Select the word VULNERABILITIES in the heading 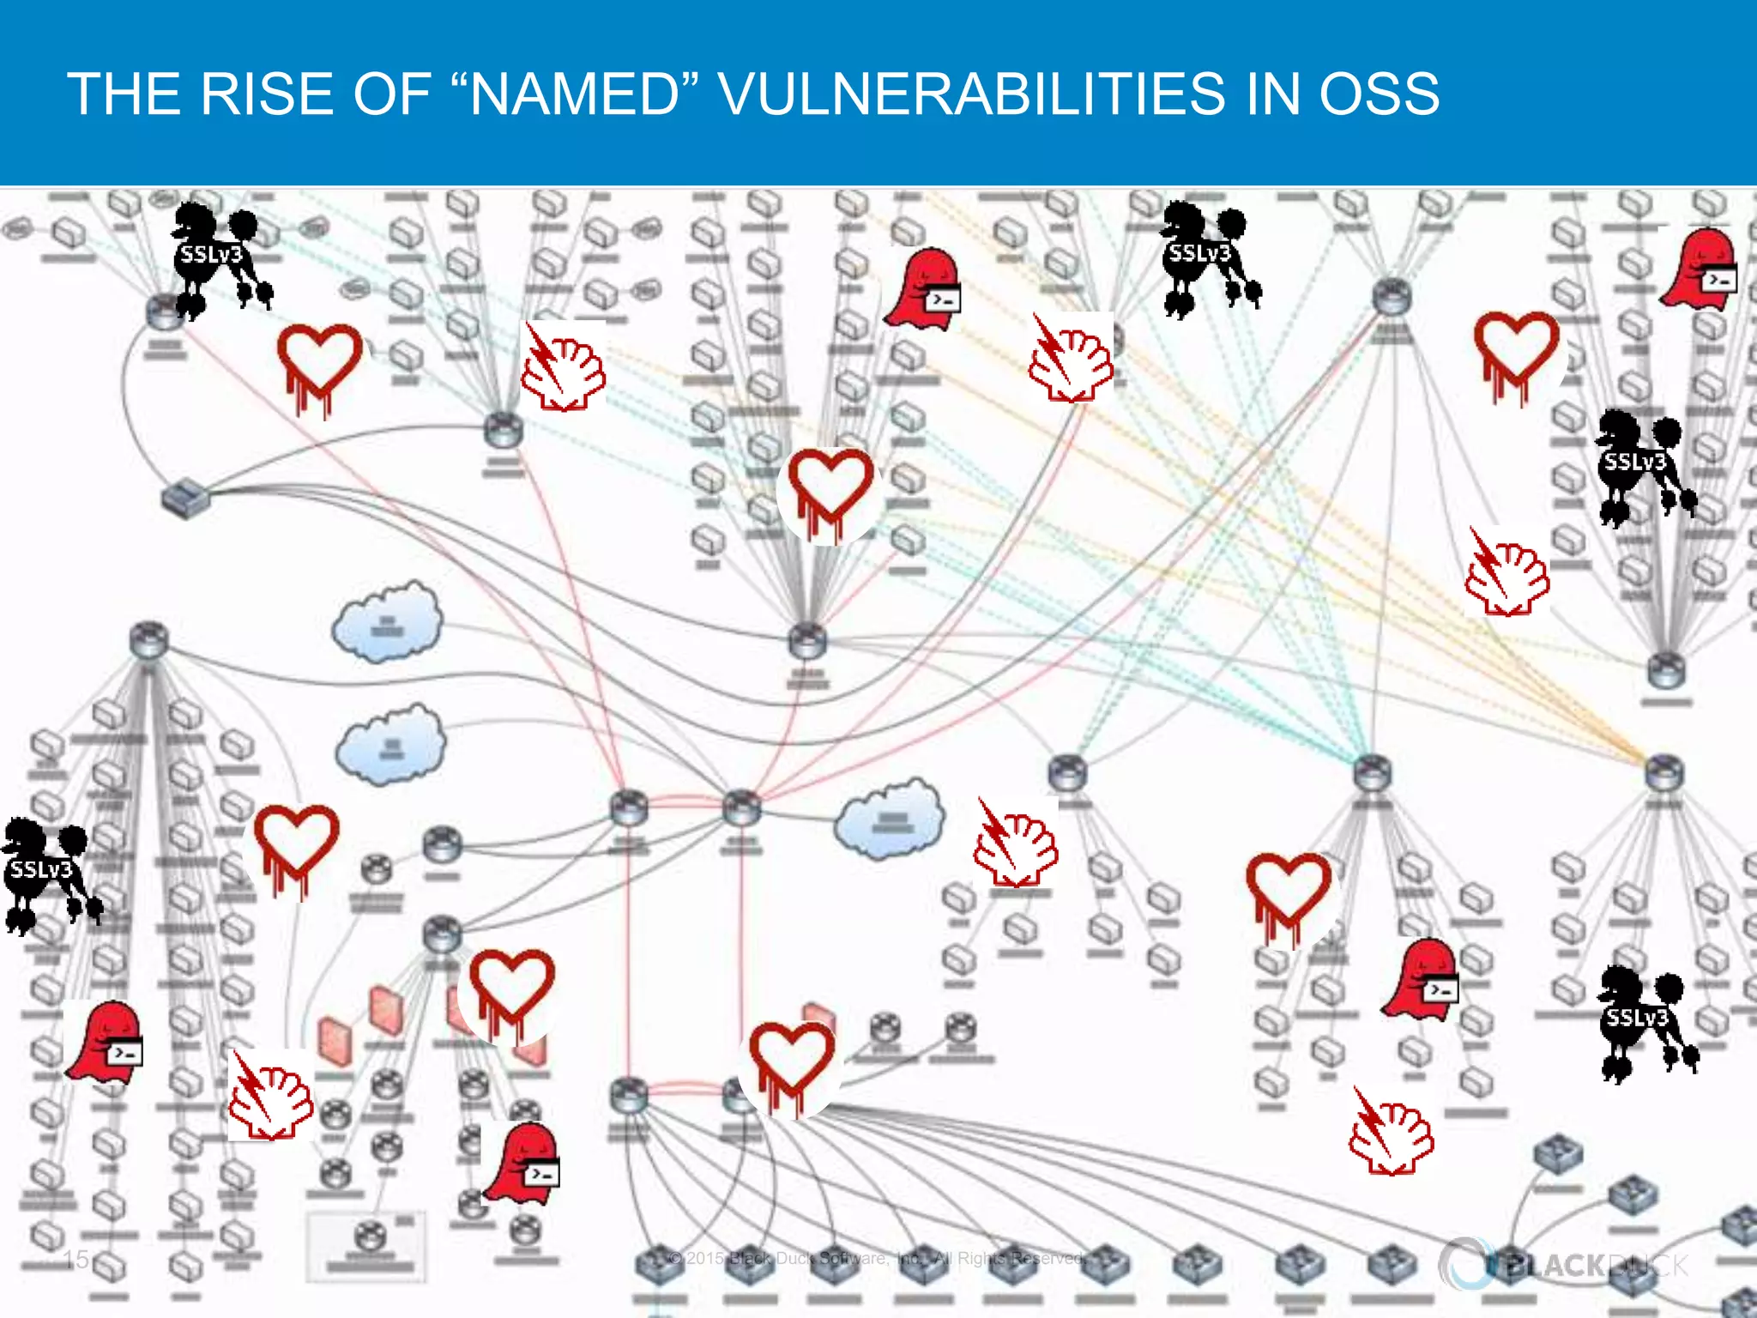point(971,94)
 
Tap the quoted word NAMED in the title point(575,94)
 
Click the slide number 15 point(76,1259)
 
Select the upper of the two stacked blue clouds point(388,620)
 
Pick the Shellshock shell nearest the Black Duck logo point(1390,1133)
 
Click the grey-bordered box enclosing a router point(367,1244)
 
